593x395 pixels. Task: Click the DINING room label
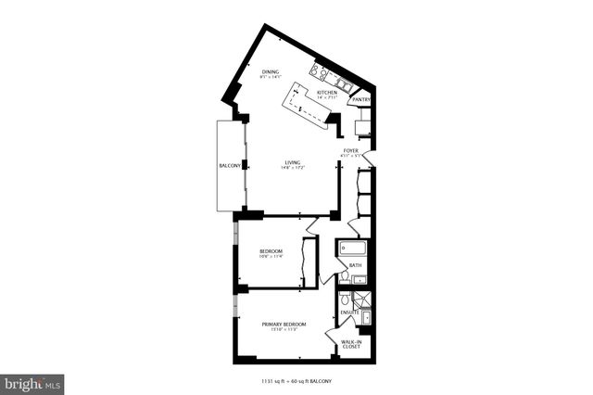[x=270, y=71]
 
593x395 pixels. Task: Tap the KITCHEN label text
[x=326, y=93]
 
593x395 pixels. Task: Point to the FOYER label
[x=351, y=149]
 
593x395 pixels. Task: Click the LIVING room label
[x=292, y=162]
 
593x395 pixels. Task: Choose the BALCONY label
[x=230, y=166]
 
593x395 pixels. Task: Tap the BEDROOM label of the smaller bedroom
[x=271, y=251]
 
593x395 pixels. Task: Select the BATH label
[x=355, y=265]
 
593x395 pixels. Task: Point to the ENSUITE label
[x=349, y=312]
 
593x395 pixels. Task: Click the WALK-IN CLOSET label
[x=351, y=345]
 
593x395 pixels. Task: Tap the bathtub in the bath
[x=353, y=248]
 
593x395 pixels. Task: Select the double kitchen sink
[x=341, y=86]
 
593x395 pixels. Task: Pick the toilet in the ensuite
[x=344, y=300]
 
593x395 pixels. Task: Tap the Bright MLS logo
[x=32, y=382]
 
